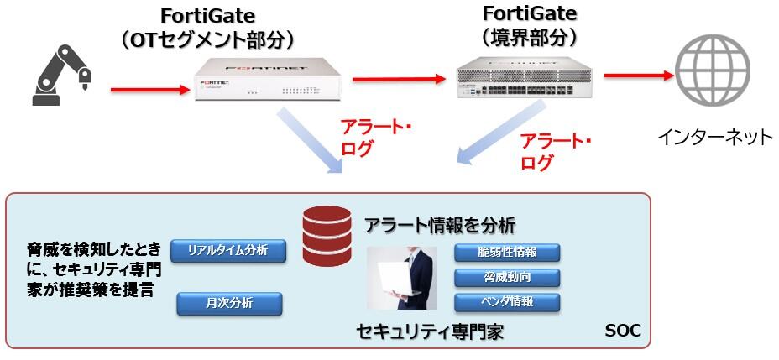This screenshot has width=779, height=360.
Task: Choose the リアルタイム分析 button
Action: coord(228,251)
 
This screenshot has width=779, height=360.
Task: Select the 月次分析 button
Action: coord(228,303)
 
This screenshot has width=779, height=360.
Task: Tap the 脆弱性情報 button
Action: coord(506,253)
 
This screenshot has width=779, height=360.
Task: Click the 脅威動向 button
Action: coord(506,278)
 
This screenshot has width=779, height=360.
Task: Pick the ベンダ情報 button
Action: coord(506,302)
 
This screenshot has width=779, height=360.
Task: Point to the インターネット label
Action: coord(714,138)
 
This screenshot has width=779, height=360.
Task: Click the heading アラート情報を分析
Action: coord(439,226)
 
